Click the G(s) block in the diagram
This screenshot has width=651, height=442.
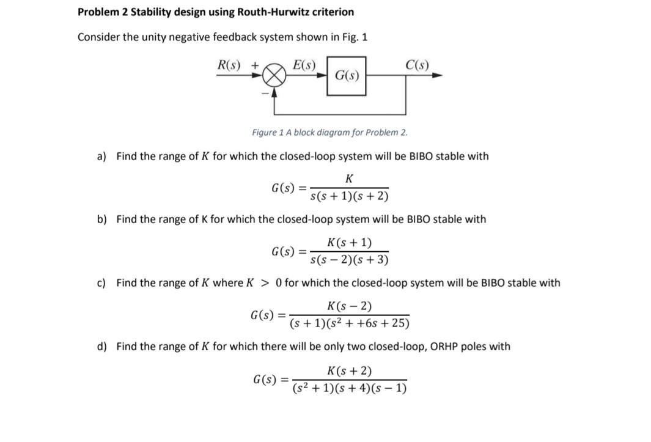coord(347,76)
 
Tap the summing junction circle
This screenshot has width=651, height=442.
coord(274,76)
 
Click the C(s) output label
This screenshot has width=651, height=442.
coord(417,65)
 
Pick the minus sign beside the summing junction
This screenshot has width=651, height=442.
coord(265,94)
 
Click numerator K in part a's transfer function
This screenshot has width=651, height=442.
coord(349,179)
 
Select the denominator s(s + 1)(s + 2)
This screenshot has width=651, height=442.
coord(349,196)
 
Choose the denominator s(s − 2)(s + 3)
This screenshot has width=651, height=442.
coord(349,260)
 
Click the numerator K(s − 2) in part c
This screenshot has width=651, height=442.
coord(350,306)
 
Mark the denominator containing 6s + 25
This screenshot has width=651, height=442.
coord(350,323)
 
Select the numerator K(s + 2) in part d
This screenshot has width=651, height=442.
coord(350,370)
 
